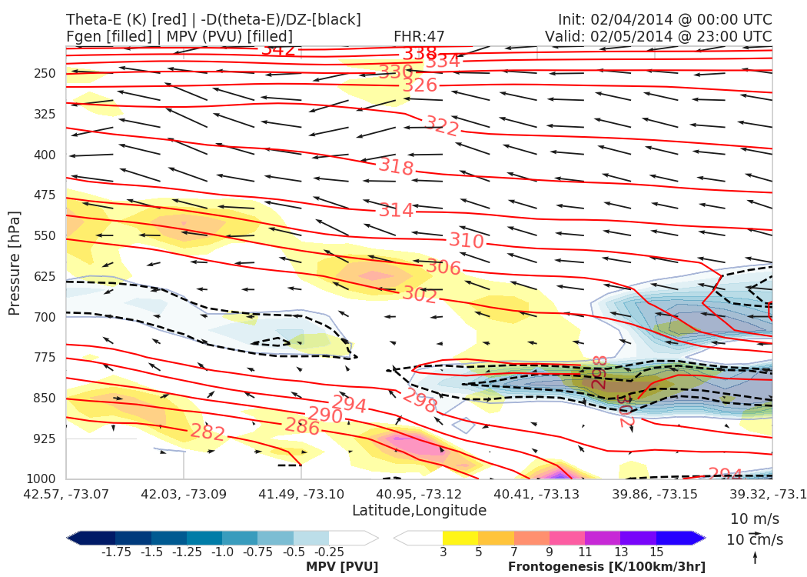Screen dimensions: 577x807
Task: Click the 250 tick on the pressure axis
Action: pyautogui.click(x=45, y=73)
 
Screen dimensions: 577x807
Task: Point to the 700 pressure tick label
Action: pyautogui.click(x=45, y=317)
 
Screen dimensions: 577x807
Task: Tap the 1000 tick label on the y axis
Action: pyautogui.click(x=42, y=479)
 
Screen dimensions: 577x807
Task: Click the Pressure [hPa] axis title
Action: pyautogui.click(x=15, y=262)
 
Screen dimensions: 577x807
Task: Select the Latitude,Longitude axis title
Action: pyautogui.click(x=419, y=511)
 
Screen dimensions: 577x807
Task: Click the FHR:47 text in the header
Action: pyautogui.click(x=419, y=36)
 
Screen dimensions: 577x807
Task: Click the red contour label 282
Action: pyautogui.click(x=207, y=432)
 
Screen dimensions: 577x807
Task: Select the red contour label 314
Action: pyautogui.click(x=396, y=209)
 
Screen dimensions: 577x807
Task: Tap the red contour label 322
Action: pyautogui.click(x=442, y=125)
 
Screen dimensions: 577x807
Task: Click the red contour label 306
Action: pyautogui.click(x=443, y=268)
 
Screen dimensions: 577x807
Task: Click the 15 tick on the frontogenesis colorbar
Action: pyautogui.click(x=656, y=552)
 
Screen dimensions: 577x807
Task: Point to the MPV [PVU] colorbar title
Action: pyautogui.click(x=342, y=567)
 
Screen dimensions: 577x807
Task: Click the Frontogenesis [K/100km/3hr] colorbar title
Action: pyautogui.click(x=606, y=567)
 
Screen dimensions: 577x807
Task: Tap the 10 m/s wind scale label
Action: pyautogui.click(x=751, y=519)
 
